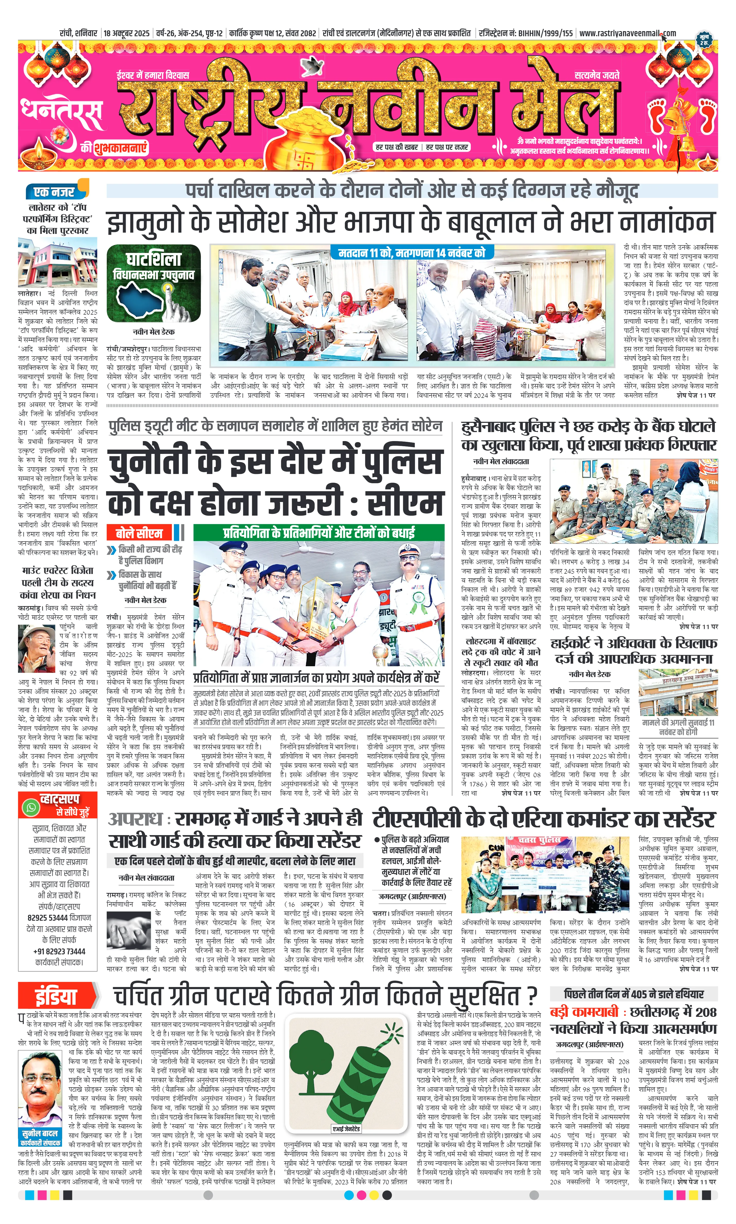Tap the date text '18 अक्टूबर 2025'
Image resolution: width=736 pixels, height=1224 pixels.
[x=127, y=33]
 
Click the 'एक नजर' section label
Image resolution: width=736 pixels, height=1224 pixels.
[x=55, y=191]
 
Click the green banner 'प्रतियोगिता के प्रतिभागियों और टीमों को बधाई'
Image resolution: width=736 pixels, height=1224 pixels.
[x=318, y=533]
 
